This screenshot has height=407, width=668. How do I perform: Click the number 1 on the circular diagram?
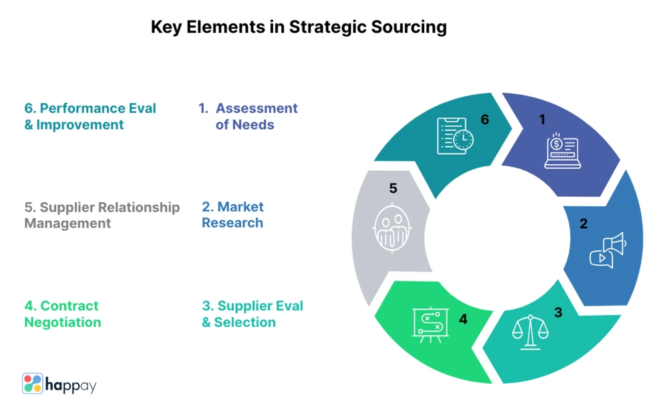coord(542,120)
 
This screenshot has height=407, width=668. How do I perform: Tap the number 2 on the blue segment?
coord(583,224)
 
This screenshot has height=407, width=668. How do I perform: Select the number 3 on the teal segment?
coord(558,312)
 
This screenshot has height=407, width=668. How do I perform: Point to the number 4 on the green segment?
coord(463,319)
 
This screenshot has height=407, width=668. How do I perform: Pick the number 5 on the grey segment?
coord(393,189)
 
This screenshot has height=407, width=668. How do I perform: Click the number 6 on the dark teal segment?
coord(485,120)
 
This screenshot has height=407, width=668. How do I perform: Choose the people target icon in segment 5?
coord(392,228)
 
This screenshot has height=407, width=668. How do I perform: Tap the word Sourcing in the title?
coord(406,27)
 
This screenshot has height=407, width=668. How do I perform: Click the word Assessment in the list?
coord(257,108)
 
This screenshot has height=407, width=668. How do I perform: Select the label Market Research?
coord(232,215)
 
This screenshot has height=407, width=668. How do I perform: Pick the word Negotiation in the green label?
coord(63,322)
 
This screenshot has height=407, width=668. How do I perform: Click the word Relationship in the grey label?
coord(140,207)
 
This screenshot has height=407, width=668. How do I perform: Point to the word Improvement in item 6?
coord(80,125)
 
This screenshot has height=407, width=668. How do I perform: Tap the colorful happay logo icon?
coord(32,384)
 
